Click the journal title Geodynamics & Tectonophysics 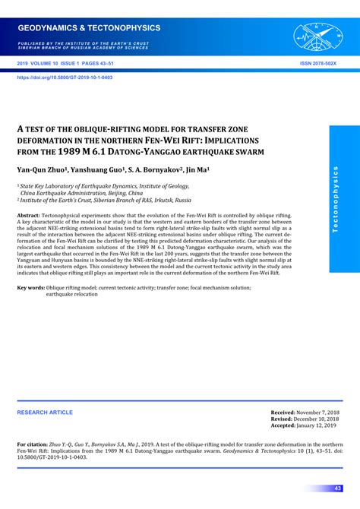coord(90,28)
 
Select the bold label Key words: coord(32,288)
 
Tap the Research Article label coord(46,413)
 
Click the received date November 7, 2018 coord(316,412)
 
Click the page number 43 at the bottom coord(338,488)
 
